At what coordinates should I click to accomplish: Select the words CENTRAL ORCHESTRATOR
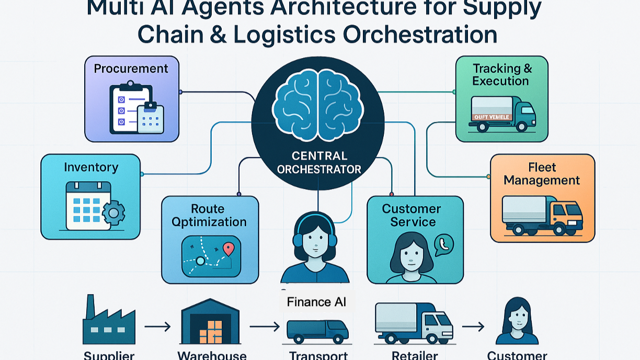pyautogui.click(x=319, y=162)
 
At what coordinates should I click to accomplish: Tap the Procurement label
pyautogui.click(x=131, y=69)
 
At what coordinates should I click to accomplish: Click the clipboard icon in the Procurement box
pyautogui.click(x=130, y=107)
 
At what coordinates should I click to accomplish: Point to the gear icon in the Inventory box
pyautogui.click(x=113, y=213)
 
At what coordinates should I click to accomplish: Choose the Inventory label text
pyautogui.click(x=91, y=167)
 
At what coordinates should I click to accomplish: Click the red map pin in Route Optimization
pyautogui.click(x=228, y=249)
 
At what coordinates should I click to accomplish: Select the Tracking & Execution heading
pyautogui.click(x=501, y=75)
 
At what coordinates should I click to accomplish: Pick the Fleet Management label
pyautogui.click(x=542, y=174)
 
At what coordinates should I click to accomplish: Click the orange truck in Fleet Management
pyautogui.click(x=542, y=215)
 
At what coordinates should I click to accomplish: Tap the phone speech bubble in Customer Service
pyautogui.click(x=444, y=244)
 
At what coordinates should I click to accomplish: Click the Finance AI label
pyautogui.click(x=316, y=302)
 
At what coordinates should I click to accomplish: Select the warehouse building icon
pyautogui.click(x=209, y=322)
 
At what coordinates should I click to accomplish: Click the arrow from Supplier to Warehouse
pyautogui.click(x=157, y=327)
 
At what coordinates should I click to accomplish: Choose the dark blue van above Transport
pyautogui.click(x=317, y=330)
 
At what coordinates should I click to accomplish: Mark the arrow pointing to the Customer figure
pyautogui.click(x=473, y=327)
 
